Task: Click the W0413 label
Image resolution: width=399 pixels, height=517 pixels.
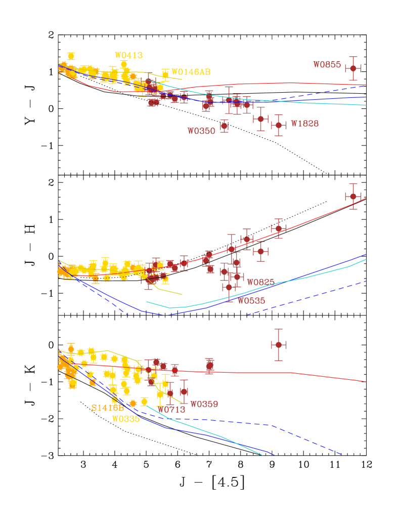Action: (128, 56)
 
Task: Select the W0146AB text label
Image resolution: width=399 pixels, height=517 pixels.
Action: (191, 72)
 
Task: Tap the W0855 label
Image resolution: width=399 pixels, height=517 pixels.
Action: (327, 65)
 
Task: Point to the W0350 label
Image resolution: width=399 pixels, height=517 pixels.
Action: (201, 131)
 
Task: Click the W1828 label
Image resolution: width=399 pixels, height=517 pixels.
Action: (304, 124)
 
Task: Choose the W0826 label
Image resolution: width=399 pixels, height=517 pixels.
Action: (260, 282)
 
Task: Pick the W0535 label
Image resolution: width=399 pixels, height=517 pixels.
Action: (251, 301)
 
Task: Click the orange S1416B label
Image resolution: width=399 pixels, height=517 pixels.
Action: (107, 408)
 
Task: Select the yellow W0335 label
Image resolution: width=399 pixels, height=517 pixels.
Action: (125, 419)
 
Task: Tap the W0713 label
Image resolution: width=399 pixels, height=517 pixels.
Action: (171, 409)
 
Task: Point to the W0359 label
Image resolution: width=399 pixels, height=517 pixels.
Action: (204, 404)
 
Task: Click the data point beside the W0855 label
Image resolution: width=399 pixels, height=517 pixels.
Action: (353, 68)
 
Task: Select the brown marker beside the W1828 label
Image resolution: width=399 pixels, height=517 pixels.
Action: (278, 125)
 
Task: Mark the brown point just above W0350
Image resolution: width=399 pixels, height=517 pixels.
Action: (224, 126)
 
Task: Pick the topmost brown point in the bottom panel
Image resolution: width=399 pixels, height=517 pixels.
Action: (278, 345)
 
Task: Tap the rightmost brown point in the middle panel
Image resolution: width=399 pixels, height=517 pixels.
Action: (353, 196)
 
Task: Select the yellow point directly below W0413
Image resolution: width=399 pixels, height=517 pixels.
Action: (124, 65)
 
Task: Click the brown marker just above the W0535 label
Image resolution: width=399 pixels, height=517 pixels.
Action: (229, 287)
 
